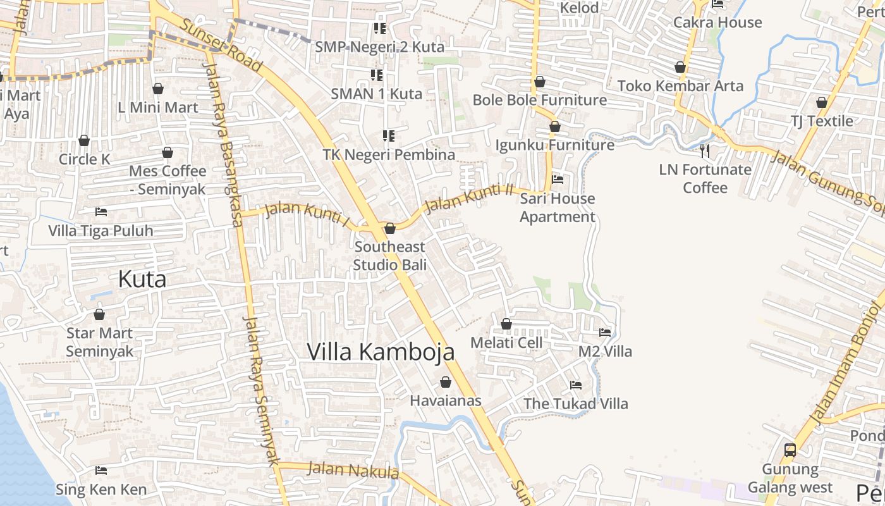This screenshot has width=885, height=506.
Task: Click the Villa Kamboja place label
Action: tap(381, 352)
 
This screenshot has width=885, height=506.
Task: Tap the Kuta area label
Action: tap(142, 279)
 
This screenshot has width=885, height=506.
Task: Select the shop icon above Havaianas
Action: tap(446, 382)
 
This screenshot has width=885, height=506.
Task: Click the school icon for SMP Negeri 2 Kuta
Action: tap(379, 28)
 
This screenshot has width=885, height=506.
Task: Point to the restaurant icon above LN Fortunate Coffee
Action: tap(705, 151)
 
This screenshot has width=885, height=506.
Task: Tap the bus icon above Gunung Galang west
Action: tap(790, 450)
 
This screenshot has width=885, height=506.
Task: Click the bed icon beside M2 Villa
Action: tap(605, 332)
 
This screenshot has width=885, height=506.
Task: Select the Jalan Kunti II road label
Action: tap(469, 197)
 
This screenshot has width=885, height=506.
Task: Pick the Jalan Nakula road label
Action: tap(353, 471)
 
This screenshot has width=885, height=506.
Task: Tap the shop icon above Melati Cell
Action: tap(506, 324)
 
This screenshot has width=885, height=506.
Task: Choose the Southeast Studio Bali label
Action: tap(389, 256)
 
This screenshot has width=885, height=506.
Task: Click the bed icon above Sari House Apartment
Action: tap(558, 180)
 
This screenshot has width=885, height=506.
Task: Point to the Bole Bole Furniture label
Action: tap(540, 100)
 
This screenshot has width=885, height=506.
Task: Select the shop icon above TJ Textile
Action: tap(822, 102)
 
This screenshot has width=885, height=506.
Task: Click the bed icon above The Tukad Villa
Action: tap(576, 385)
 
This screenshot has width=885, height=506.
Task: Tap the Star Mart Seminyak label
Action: tap(99, 342)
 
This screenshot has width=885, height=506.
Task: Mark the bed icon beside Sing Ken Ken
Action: tap(101, 471)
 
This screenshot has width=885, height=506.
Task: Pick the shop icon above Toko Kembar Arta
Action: tap(680, 67)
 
